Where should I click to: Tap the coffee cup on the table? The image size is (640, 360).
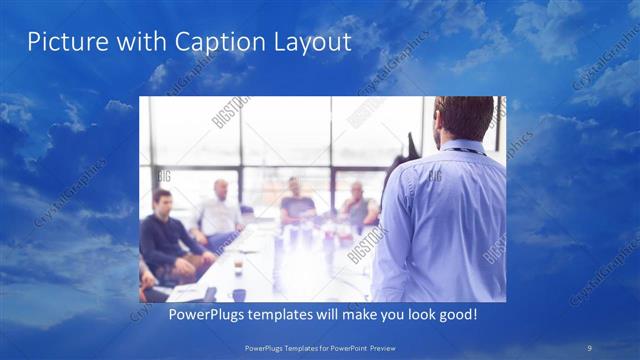237,267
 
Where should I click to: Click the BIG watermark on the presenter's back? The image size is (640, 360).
435,176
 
